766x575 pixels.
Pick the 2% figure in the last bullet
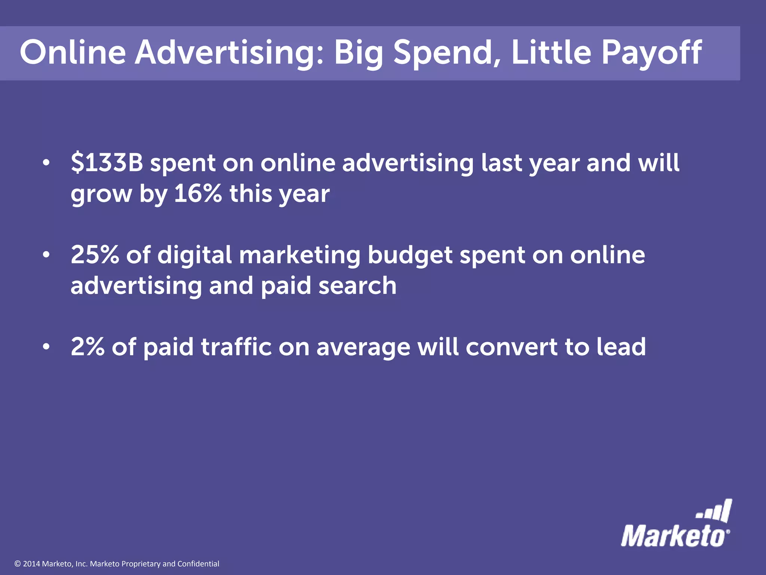point(88,347)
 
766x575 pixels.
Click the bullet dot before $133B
point(46,163)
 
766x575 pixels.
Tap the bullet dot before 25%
point(46,255)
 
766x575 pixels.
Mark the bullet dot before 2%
point(46,347)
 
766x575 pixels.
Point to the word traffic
point(236,347)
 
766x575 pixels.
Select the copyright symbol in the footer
point(17,564)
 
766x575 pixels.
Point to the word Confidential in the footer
point(198,564)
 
